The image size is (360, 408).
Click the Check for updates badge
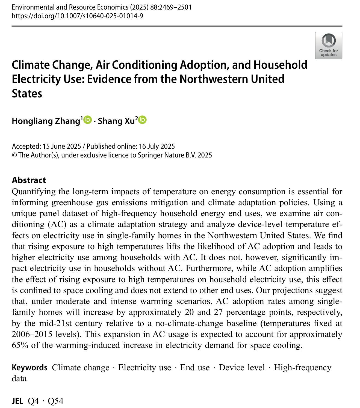coord(328,45)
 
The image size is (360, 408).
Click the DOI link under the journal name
coord(77,16)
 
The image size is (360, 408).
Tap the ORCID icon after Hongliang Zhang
coord(88,120)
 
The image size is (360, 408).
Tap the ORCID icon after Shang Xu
coord(142,120)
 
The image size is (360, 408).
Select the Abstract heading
coord(29,180)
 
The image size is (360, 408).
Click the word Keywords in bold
coord(29,367)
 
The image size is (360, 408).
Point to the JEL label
coord(17,401)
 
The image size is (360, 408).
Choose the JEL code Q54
coord(55,401)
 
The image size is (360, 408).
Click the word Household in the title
coord(281,65)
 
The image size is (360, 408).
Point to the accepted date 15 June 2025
coord(62,146)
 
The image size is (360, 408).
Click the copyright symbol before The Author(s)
coord(14,155)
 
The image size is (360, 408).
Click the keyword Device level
coord(242,367)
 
